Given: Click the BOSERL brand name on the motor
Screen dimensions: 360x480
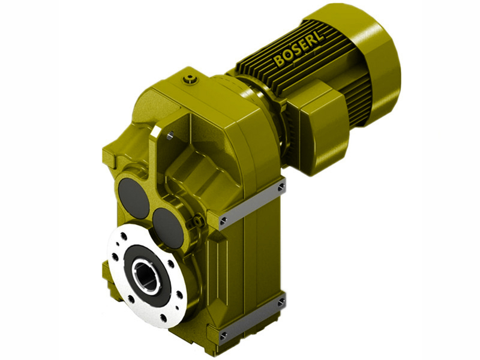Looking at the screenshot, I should click(298, 49).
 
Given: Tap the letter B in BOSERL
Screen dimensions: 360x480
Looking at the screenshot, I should click(278, 61).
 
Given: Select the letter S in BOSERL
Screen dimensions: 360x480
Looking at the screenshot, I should click(294, 51).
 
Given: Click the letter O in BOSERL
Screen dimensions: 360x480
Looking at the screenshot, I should click(286, 56).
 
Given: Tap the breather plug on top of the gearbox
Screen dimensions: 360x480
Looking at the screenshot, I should click(190, 77).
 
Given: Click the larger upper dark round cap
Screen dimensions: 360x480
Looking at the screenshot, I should click(133, 197).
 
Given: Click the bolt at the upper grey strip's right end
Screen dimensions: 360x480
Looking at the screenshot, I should click(280, 188).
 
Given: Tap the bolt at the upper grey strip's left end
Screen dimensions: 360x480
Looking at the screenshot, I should click(223, 220).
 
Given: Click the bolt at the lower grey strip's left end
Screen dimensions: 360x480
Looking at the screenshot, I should click(223, 334).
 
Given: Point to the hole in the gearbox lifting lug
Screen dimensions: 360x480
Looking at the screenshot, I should click(169, 136).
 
